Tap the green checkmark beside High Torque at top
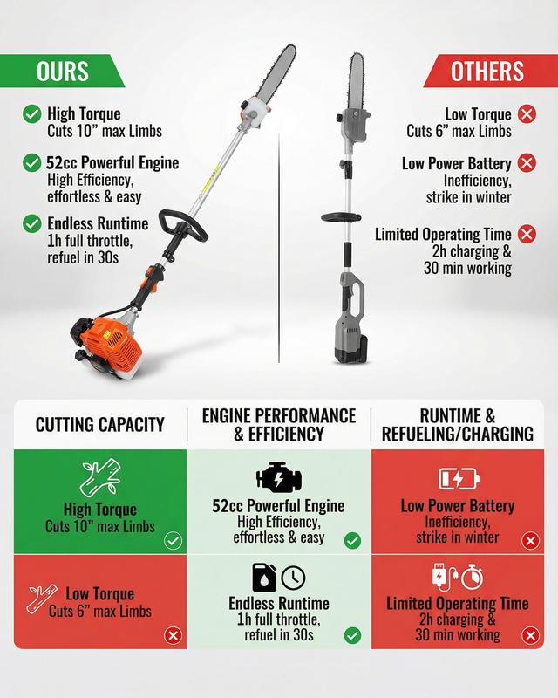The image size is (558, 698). coord(32,114)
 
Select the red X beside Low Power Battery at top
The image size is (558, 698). coord(527,163)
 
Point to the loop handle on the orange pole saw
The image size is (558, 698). coord(182,225)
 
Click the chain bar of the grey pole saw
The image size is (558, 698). coord(357,82)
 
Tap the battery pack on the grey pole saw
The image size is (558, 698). coord(351,350)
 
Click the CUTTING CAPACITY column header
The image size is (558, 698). coord(100,425)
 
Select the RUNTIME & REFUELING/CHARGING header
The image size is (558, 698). coord(458,425)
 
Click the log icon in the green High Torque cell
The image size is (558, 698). coord(100,478)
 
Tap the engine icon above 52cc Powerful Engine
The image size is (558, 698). coord(279,477)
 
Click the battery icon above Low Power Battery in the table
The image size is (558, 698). coord(459,478)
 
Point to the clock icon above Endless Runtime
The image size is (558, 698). coord(294,578)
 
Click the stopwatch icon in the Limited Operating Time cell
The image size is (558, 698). coord(472,577)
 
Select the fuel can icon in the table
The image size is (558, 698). coord(264,578)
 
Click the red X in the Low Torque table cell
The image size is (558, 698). coord(174,635)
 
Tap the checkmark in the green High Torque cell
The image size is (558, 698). coord(174,541)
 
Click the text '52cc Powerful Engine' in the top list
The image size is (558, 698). coord(112,163)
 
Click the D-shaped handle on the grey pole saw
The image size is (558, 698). coord(341,217)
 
